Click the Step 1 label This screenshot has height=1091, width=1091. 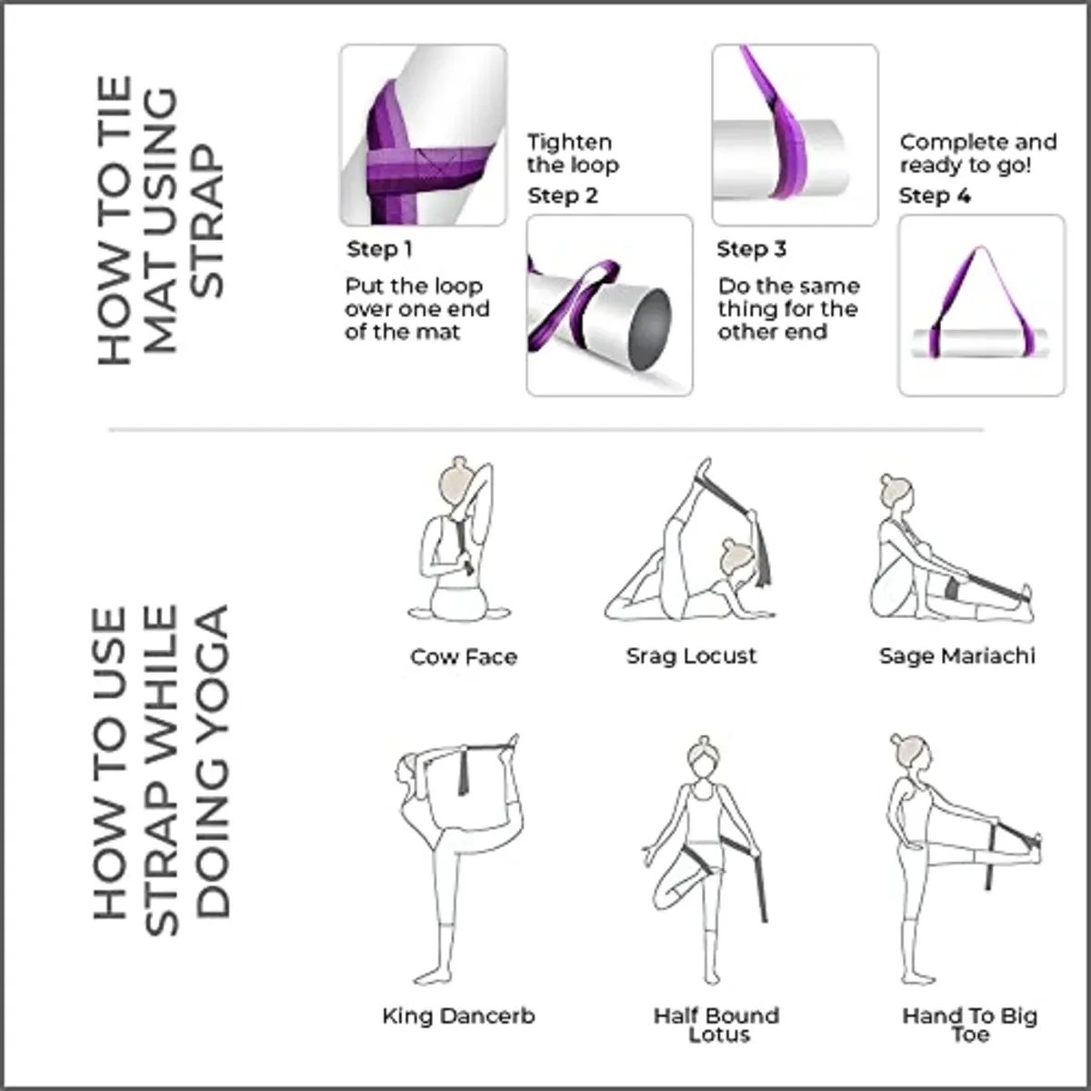tap(379, 249)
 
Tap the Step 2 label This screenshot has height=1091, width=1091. tap(563, 195)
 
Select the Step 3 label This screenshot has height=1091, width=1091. tap(751, 249)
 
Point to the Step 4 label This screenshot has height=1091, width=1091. tap(935, 195)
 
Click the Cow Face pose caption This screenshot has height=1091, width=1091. tap(464, 656)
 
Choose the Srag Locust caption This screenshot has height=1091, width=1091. tap(691, 656)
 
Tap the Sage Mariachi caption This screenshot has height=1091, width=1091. tap(956, 656)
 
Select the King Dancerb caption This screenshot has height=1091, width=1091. tap(458, 1016)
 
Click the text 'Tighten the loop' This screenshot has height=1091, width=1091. tap(573, 154)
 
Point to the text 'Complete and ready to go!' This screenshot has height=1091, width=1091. tap(978, 154)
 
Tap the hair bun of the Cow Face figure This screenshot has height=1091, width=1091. tap(460, 462)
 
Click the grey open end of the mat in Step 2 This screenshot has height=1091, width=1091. tap(650, 330)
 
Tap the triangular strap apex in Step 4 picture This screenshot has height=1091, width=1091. tap(979, 250)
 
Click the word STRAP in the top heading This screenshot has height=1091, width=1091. tap(206, 221)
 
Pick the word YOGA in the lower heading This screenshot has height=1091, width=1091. tap(213, 652)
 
